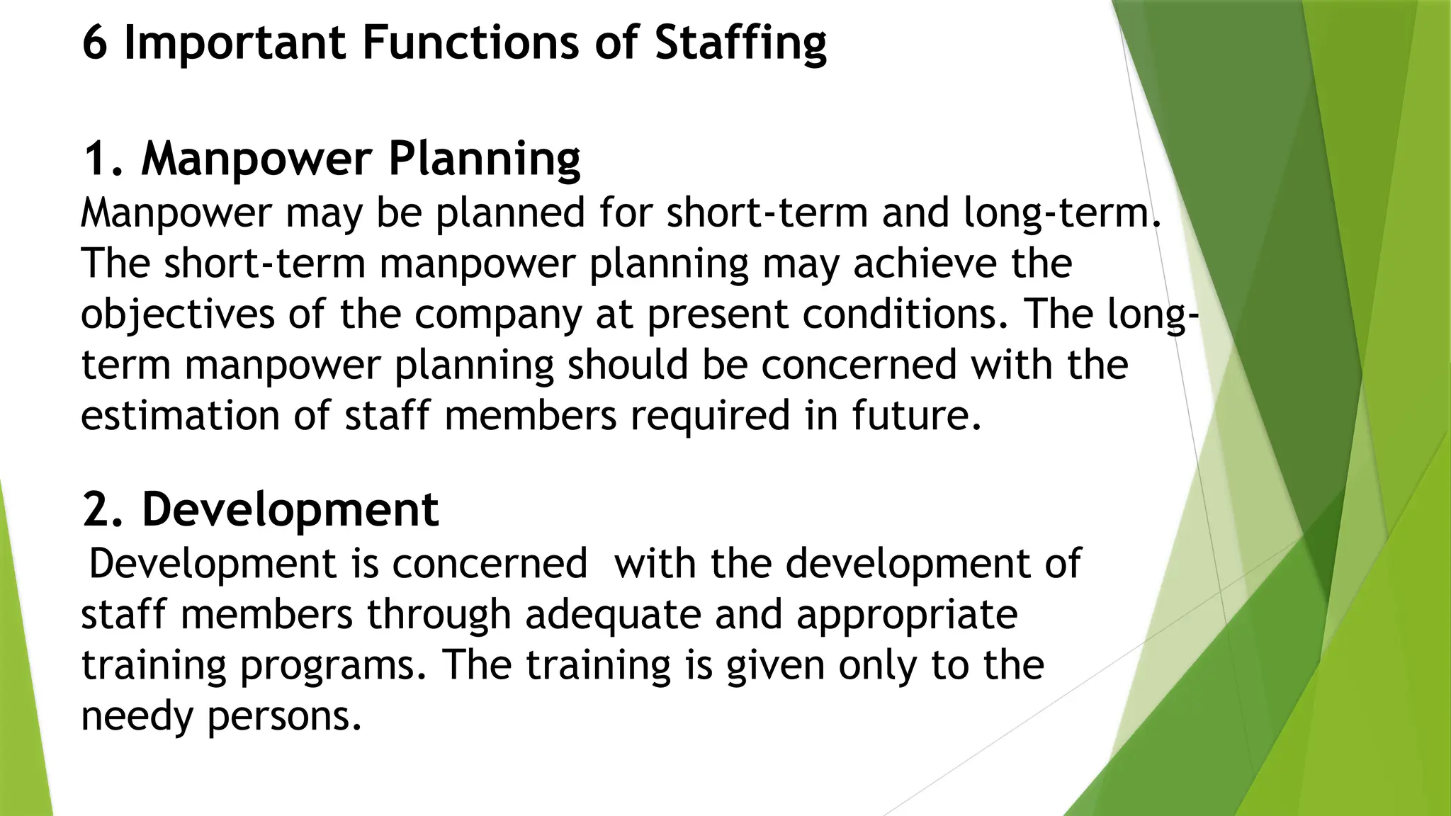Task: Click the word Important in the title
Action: (x=235, y=42)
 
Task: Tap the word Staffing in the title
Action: (x=740, y=44)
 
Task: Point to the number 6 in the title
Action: (x=95, y=42)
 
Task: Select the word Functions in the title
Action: (x=471, y=42)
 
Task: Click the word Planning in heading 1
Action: (x=485, y=160)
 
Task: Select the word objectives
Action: (x=177, y=315)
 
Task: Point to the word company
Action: (x=497, y=315)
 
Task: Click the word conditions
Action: (x=905, y=314)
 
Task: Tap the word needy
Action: (x=137, y=718)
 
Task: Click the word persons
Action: (x=285, y=718)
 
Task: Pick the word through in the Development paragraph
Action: (x=439, y=616)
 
